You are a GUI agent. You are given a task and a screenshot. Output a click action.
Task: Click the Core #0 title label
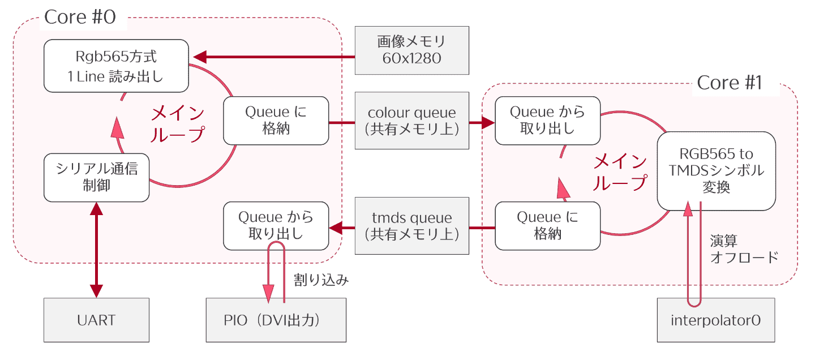click(80, 17)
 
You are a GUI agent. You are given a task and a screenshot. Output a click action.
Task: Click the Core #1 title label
click(730, 83)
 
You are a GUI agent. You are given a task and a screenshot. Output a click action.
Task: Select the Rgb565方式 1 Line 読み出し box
click(116, 66)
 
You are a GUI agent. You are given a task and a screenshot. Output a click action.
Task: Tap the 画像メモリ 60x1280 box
click(412, 50)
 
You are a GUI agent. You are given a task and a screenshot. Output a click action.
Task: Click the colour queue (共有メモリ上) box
click(412, 121)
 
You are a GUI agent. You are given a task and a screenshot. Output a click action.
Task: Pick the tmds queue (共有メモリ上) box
click(412, 225)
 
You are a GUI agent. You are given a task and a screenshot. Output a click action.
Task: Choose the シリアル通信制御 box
click(97, 177)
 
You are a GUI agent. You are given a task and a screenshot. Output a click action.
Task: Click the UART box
click(97, 320)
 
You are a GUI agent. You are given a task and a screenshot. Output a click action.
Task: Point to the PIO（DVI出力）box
click(276, 320)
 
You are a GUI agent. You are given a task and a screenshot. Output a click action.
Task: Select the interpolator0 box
click(715, 320)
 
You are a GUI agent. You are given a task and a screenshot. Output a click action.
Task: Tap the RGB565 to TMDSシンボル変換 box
click(716, 171)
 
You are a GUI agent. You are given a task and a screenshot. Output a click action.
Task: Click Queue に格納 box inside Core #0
click(276, 121)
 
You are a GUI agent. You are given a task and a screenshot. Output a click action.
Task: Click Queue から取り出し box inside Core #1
click(547, 121)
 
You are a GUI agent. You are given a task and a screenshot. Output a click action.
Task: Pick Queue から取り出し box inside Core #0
click(276, 225)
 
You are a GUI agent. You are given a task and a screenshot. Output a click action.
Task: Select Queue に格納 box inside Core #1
click(547, 225)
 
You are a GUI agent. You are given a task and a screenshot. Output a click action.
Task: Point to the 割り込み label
click(321, 280)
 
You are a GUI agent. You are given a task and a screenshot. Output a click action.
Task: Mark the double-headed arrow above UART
click(97, 249)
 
